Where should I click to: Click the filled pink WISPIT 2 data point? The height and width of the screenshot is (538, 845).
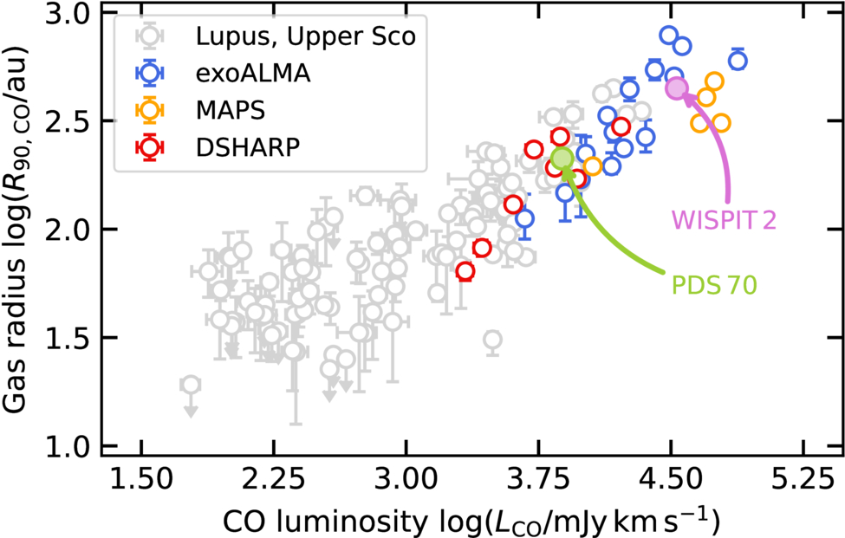pyautogui.click(x=677, y=88)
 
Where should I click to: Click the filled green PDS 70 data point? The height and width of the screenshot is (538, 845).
pyautogui.click(x=562, y=159)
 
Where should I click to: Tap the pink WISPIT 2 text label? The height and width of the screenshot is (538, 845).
pyautogui.click(x=724, y=220)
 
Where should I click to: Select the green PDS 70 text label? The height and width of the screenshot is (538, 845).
pyautogui.click(x=714, y=285)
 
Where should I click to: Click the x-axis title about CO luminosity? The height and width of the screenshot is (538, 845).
pyautogui.click(x=471, y=520)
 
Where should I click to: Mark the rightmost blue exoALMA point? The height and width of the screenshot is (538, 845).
pyautogui.click(x=738, y=61)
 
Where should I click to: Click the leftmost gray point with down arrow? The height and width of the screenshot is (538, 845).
pyautogui.click(x=190, y=385)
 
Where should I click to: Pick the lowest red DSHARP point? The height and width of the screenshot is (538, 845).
pyautogui.click(x=465, y=271)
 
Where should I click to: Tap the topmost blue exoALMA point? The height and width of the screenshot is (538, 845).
pyautogui.click(x=669, y=36)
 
